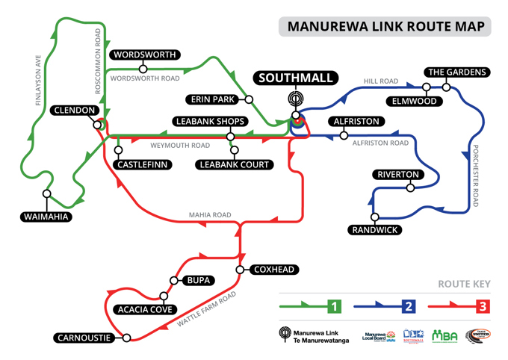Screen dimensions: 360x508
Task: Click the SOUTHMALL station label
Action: (297, 78)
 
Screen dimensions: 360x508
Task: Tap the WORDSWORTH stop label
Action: (144, 55)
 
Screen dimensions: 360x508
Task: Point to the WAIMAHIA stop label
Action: (46, 217)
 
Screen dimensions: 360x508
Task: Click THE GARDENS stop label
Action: (457, 72)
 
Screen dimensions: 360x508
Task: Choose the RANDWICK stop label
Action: (375, 230)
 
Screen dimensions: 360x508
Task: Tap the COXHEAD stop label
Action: (273, 270)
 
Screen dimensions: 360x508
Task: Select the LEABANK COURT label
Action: (235, 164)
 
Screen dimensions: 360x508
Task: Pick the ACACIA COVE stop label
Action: (145, 309)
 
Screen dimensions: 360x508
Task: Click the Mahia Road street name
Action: (210, 215)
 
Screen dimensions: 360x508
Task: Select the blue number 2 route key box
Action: (408, 306)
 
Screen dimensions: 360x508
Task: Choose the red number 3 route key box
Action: (483, 306)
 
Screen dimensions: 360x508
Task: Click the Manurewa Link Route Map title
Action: (385, 27)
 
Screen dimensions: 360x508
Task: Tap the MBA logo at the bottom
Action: (444, 335)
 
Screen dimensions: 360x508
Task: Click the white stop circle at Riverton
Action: (409, 187)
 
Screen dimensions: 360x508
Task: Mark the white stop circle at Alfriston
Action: (344, 135)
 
